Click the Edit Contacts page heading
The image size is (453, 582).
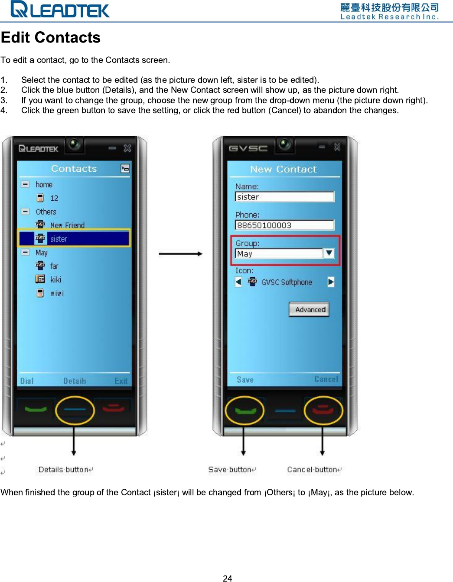(x=51, y=38)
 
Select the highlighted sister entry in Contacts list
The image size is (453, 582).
(x=74, y=239)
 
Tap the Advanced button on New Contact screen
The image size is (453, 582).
(x=310, y=310)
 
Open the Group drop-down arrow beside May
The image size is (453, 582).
(x=329, y=253)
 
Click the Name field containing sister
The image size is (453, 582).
(x=284, y=197)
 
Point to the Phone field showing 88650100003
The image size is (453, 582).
(x=284, y=225)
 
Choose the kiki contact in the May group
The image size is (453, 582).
(x=55, y=280)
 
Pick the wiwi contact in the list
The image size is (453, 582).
(x=56, y=294)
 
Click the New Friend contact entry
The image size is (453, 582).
(x=67, y=225)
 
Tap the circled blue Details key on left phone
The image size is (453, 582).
(x=75, y=409)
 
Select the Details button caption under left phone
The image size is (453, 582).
(x=64, y=470)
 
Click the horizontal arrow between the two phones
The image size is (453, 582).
(x=180, y=254)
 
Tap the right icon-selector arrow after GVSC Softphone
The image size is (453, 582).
(x=331, y=282)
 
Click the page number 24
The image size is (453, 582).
(x=227, y=578)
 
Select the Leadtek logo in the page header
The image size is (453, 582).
(x=60, y=10)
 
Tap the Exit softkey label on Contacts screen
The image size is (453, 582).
(x=121, y=381)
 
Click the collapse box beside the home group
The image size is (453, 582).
(x=26, y=184)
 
